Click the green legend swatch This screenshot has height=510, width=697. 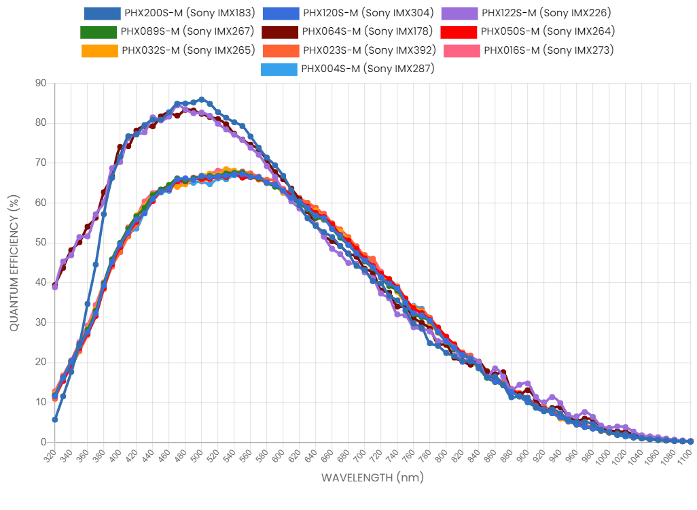pyautogui.click(x=99, y=32)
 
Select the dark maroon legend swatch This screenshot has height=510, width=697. pyautogui.click(x=280, y=32)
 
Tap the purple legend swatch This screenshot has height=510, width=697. pyautogui.click(x=459, y=14)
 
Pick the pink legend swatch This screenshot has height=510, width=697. pyautogui.click(x=462, y=51)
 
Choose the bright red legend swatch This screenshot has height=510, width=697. pyautogui.click(x=459, y=32)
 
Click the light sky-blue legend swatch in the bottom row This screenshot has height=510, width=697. pyautogui.click(x=279, y=69)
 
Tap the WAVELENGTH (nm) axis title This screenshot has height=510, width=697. pyautogui.click(x=372, y=477)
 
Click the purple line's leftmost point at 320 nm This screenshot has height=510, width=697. pyautogui.click(x=55, y=287)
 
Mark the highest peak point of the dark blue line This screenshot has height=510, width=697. pyautogui.click(x=202, y=100)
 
